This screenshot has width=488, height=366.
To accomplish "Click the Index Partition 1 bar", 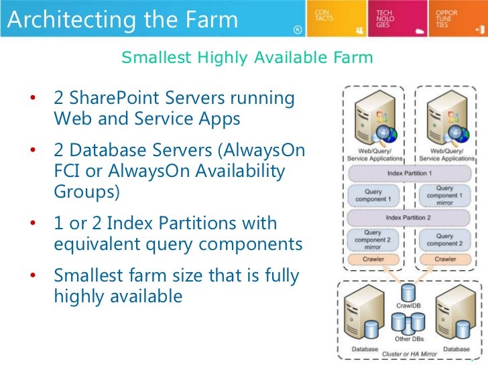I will (x=410, y=173).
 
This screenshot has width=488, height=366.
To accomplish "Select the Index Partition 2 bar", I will (x=410, y=218).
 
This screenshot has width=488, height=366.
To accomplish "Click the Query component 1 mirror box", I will (x=444, y=194).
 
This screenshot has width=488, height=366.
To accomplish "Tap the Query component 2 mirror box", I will (x=373, y=239).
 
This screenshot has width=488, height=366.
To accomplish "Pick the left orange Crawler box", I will (x=373, y=259).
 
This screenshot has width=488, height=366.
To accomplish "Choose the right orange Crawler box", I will (x=444, y=259).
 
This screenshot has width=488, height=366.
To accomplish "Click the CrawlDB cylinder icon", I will (x=408, y=293).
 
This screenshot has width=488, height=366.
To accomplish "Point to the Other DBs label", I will (x=408, y=339).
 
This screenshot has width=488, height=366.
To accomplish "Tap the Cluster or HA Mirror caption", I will (x=409, y=353).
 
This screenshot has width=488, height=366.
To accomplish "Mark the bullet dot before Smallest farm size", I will (x=32, y=276).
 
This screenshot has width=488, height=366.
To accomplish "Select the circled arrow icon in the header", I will (x=297, y=29).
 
